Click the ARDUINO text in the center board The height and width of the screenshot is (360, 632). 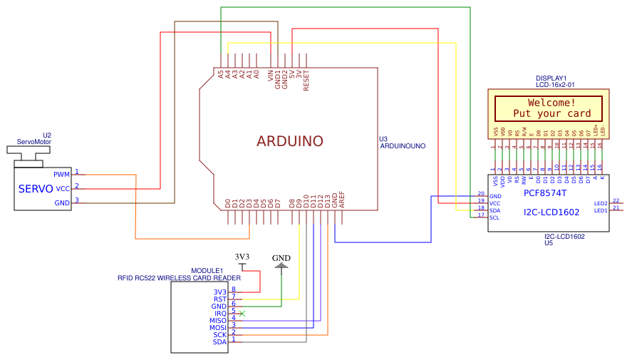[x=290, y=141]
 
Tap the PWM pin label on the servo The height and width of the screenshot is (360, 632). [x=62, y=174]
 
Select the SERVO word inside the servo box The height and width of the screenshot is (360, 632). [x=36, y=189]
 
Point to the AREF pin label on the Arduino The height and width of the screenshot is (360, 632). [x=342, y=200]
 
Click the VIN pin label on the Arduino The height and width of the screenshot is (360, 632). [x=271, y=76]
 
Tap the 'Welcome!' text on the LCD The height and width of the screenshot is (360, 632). [x=552, y=103]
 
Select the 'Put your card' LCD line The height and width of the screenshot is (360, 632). [x=552, y=113]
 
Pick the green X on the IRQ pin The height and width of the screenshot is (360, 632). [x=242, y=313]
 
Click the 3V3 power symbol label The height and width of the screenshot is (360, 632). [x=242, y=257]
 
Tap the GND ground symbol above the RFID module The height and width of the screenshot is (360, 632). [x=281, y=258]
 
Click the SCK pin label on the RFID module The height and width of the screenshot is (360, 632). [x=219, y=335]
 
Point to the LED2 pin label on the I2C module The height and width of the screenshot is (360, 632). [x=600, y=203]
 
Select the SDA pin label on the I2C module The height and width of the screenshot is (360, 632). [x=494, y=210]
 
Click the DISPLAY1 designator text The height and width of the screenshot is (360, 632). [x=551, y=78]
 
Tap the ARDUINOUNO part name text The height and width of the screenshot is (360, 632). [x=403, y=145]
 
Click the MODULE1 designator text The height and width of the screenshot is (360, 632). [x=207, y=271]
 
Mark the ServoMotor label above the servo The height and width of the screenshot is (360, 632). [x=34, y=142]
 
